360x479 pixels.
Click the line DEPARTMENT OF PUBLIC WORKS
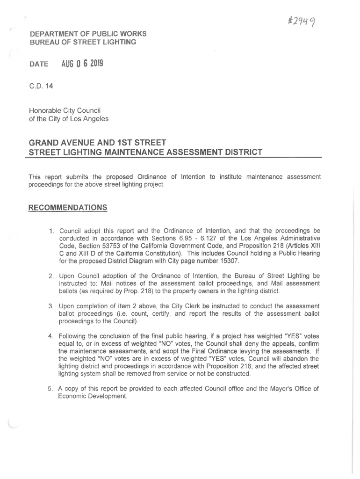pyautogui.click(x=88, y=34)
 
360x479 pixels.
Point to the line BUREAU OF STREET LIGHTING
pyautogui.click(x=83, y=42)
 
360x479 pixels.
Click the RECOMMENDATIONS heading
pyautogui.click(x=68, y=207)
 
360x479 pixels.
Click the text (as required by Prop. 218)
pyautogui.click(x=115, y=291)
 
